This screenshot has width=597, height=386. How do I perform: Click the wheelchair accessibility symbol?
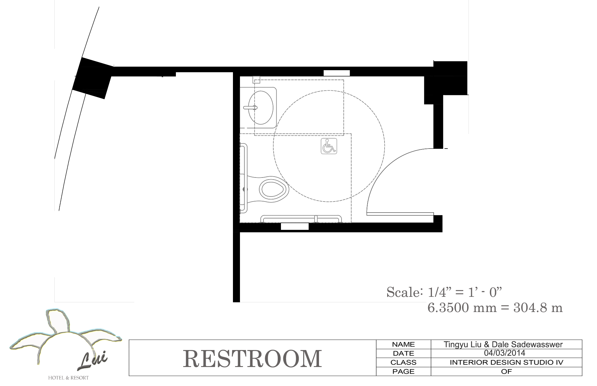click(329, 146)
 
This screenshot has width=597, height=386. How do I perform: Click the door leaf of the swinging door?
click(400, 214)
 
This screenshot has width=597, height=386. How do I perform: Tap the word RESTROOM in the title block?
click(252, 359)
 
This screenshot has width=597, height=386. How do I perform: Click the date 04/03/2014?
click(505, 353)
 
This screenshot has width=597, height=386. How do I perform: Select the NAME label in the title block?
click(403, 344)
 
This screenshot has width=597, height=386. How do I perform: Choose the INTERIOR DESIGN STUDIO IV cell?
click(506, 362)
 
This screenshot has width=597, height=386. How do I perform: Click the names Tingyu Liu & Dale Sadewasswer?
click(503, 344)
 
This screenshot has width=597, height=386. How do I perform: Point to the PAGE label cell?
click(403, 371)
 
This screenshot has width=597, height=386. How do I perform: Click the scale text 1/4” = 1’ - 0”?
click(465, 292)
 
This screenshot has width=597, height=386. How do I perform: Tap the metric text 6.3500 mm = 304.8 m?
click(495, 308)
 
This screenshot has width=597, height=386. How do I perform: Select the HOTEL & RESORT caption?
click(68, 378)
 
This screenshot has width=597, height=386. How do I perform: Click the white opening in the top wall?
click(337, 73)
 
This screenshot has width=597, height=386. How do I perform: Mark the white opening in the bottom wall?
click(295, 226)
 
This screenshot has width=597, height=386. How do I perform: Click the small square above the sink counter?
click(256, 80)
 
